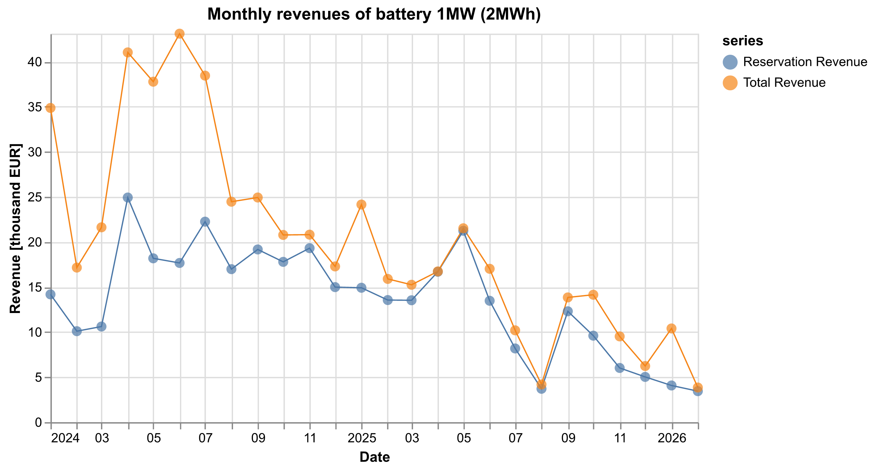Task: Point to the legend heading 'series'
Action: point(743,41)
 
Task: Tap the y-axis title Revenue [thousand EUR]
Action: point(15,228)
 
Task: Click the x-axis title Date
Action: point(374,457)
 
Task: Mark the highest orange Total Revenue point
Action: point(180,34)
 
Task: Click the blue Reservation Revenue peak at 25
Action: point(128,197)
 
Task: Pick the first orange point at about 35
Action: point(51,108)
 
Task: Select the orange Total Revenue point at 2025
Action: point(361,205)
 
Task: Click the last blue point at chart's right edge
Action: point(698,391)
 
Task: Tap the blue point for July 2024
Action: point(205,222)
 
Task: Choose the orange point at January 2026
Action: point(671,328)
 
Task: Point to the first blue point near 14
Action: point(51,294)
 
